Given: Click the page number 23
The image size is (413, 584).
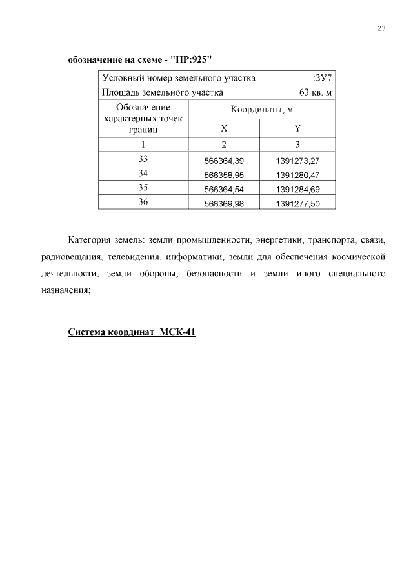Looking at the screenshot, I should click(381, 28).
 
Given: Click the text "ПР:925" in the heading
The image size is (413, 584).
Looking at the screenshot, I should click(192, 60).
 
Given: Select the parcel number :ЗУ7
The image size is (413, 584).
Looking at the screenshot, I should click(323, 79).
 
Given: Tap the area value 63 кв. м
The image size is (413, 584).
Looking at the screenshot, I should click(316, 93).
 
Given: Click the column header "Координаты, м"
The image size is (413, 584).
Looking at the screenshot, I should click(261, 110).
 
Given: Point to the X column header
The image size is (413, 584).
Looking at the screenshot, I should click(223, 128).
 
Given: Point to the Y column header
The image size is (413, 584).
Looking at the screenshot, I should click(297, 128).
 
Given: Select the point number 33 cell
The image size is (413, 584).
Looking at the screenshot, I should click(143, 159).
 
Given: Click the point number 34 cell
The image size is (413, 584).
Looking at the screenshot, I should click(143, 174).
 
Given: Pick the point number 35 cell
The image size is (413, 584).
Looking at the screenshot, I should click(143, 188).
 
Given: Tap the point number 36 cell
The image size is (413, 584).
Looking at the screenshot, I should click(143, 203).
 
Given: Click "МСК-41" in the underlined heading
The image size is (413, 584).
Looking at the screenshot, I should click(177, 333).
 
